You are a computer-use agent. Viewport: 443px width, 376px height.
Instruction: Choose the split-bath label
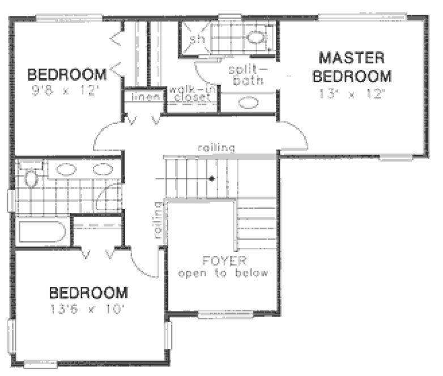[x=247, y=75]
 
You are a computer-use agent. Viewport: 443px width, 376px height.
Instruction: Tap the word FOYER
[x=225, y=261]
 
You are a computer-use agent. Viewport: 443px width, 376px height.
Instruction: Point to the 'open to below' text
[x=223, y=274]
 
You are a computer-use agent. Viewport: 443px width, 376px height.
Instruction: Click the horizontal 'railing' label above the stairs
[x=215, y=148]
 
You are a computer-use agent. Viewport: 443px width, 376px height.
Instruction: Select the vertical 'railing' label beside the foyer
[x=157, y=221]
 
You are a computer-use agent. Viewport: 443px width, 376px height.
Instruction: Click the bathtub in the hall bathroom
[x=43, y=232]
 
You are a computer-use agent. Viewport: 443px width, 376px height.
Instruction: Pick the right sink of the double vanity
[x=103, y=169]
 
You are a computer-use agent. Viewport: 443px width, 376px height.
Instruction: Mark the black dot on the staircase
[x=212, y=178]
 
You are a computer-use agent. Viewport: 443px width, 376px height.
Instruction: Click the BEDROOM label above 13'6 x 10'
[x=88, y=293]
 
